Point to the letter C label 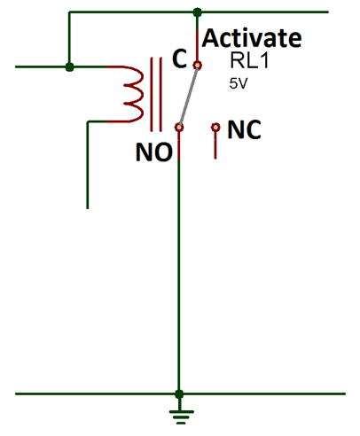click(x=179, y=60)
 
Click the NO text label click(x=153, y=152)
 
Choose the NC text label click(x=245, y=130)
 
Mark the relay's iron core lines click(x=159, y=92)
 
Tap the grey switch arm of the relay click(x=188, y=96)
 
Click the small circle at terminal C click(x=198, y=65)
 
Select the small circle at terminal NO click(x=179, y=128)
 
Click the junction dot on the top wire click(x=197, y=12)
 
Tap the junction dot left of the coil click(x=70, y=66)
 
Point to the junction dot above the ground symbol click(x=179, y=393)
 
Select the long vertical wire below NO click(x=179, y=266)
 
